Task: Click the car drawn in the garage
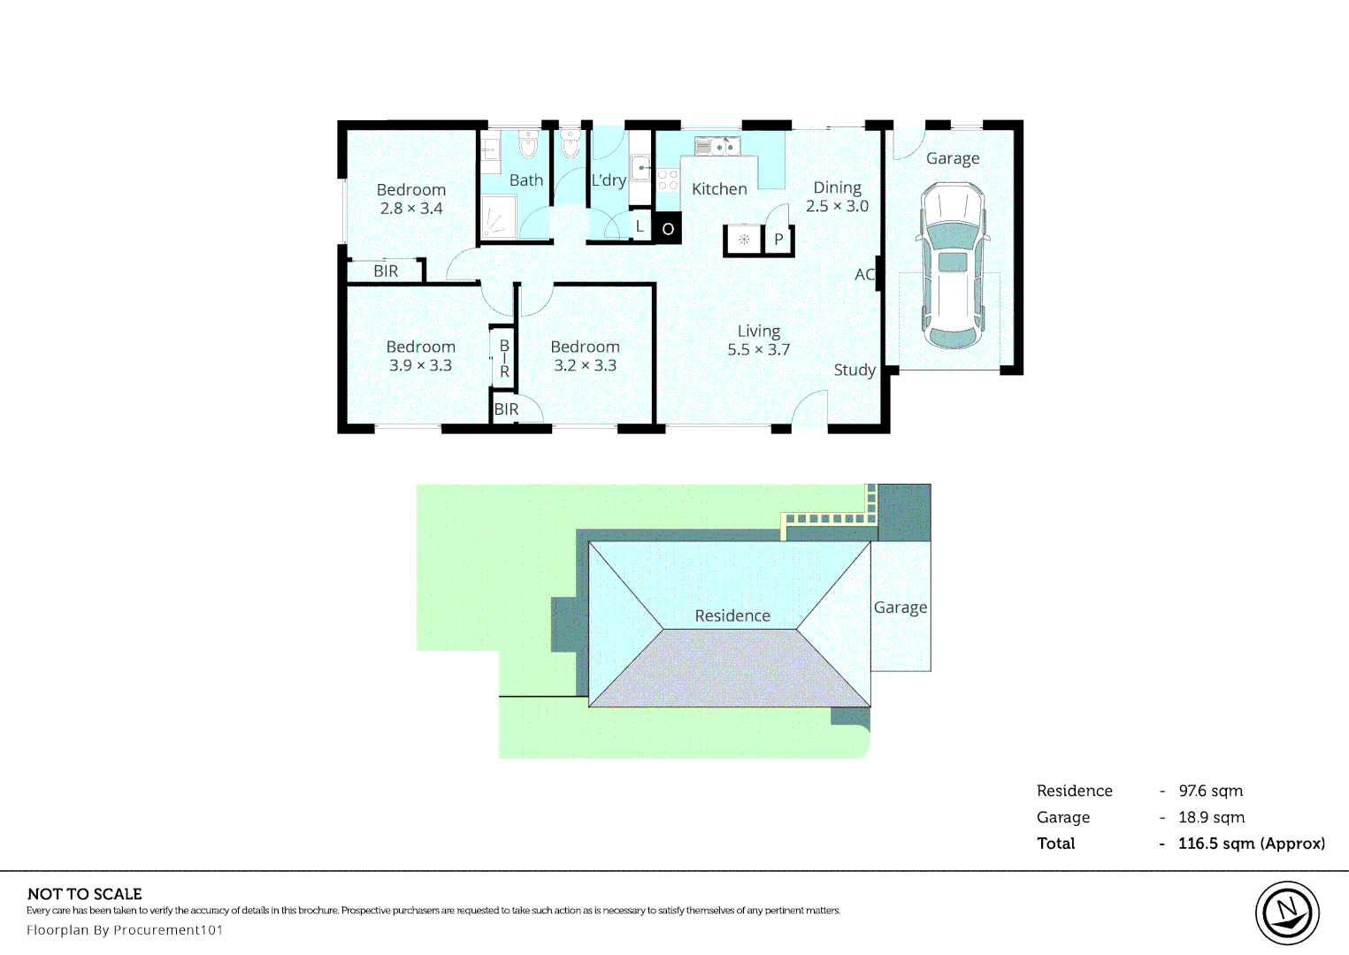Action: point(953,265)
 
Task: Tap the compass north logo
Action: point(1287,913)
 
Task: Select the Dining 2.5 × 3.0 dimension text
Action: point(837,206)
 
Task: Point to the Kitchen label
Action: point(719,189)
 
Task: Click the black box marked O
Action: point(667,228)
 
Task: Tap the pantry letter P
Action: point(778,239)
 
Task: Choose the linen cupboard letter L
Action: point(640,226)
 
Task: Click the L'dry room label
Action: point(609,180)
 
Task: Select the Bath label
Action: point(525,180)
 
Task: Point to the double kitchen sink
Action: point(717,146)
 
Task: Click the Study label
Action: point(855,370)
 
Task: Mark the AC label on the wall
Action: point(864,275)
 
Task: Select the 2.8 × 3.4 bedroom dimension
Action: point(411,209)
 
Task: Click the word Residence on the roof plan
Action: point(732,615)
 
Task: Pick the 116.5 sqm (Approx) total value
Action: point(1252,844)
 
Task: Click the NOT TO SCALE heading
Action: point(85,894)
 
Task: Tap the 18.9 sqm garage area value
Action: point(1211,818)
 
